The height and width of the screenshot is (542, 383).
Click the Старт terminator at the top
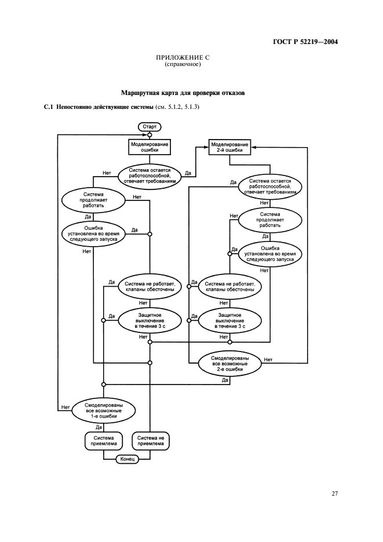[x=149, y=126]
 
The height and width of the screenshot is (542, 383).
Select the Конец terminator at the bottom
[x=127, y=459]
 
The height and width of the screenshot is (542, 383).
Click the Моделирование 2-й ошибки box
[x=229, y=147]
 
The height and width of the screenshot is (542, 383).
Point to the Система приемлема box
[x=104, y=441]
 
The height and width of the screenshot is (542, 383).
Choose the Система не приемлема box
[x=151, y=441]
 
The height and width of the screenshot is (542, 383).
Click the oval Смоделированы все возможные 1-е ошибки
[x=104, y=410]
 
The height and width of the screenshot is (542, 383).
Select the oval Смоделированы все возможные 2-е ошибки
[x=229, y=364]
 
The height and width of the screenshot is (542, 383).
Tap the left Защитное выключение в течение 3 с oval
[x=149, y=320]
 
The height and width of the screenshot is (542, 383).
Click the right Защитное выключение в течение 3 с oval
[x=229, y=320]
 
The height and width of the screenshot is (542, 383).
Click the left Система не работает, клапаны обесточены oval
[x=149, y=287]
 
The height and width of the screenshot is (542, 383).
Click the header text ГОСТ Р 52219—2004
[x=304, y=42]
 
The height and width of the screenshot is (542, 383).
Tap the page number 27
[x=334, y=493]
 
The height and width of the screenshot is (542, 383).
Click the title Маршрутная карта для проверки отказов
[x=183, y=93]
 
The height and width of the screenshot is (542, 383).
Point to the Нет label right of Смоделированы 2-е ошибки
[x=268, y=360]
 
